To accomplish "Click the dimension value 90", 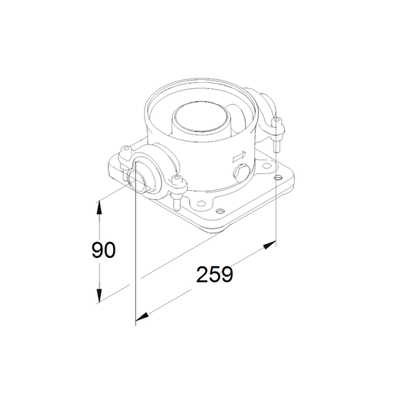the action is (103, 250).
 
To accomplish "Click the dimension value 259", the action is (215, 275).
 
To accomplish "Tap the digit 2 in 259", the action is (202, 275).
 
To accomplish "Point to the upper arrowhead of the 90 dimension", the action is (99, 207).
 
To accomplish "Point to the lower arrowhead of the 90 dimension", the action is (99, 296).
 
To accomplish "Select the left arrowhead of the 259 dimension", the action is (142, 317).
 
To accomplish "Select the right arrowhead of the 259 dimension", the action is (269, 245).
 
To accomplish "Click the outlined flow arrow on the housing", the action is (239, 156).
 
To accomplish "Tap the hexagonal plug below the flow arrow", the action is (241, 171).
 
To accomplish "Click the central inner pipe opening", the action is (201, 117).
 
